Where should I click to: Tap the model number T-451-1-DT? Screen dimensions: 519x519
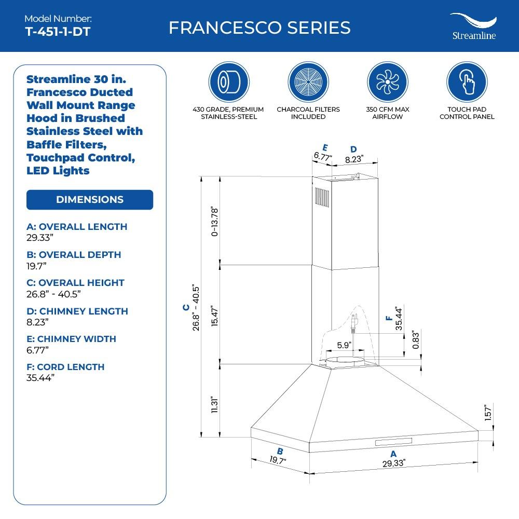(x=58, y=31)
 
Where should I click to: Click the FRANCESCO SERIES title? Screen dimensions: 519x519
(x=259, y=28)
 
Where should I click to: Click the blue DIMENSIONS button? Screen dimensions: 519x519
(x=90, y=200)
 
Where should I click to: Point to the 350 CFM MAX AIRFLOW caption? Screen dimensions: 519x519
(x=388, y=113)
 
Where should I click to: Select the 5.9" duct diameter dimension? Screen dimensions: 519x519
(x=344, y=345)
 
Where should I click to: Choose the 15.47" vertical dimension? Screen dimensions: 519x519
(x=215, y=315)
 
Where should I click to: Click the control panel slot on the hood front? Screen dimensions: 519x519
(x=393, y=442)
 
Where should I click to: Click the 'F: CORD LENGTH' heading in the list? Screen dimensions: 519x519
(x=65, y=367)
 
